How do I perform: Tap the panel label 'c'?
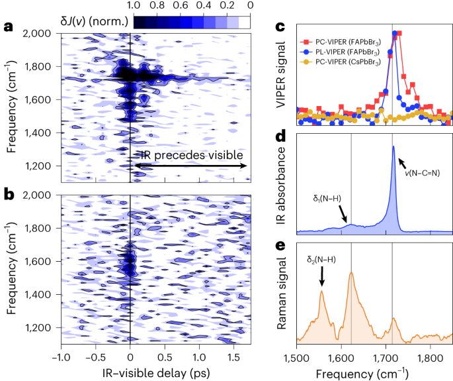pyautogui.click(x=280, y=28)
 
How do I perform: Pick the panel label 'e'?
pyautogui.click(x=280, y=246)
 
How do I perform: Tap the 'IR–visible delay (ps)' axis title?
pyautogui.click(x=154, y=373)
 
